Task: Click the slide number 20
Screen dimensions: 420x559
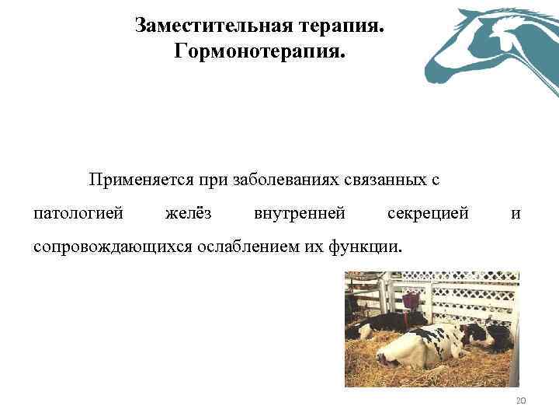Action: click(x=520, y=401)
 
